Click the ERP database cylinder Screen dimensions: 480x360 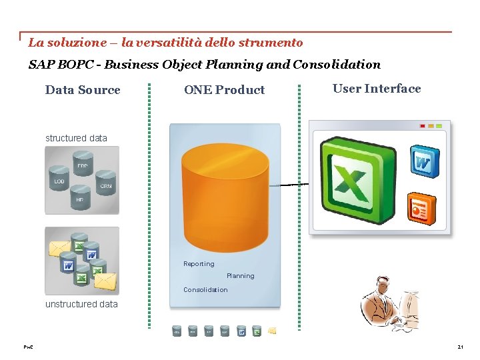pyautogui.click(x=82, y=166)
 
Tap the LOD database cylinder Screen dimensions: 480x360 pyautogui.click(x=60, y=181)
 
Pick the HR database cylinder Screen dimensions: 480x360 pyautogui.click(x=80, y=198)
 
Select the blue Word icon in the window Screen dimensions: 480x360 pyautogui.click(x=423, y=161)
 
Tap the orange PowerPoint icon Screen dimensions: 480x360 pyautogui.click(x=421, y=209)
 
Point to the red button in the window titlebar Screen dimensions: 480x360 pyautogui.click(x=422, y=125)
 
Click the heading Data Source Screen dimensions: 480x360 pyautogui.click(x=83, y=90)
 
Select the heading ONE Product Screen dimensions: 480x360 pyautogui.click(x=224, y=90)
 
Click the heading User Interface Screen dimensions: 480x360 pyautogui.click(x=377, y=89)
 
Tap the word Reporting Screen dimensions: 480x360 pyautogui.click(x=199, y=264)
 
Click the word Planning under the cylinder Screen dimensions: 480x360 pyautogui.click(x=240, y=276)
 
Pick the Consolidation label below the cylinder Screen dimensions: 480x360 pyautogui.click(x=205, y=290)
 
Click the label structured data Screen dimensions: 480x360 pyautogui.click(x=76, y=138)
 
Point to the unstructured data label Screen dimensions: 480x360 pyautogui.click(x=81, y=304)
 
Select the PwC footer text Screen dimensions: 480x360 pyautogui.click(x=28, y=347)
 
